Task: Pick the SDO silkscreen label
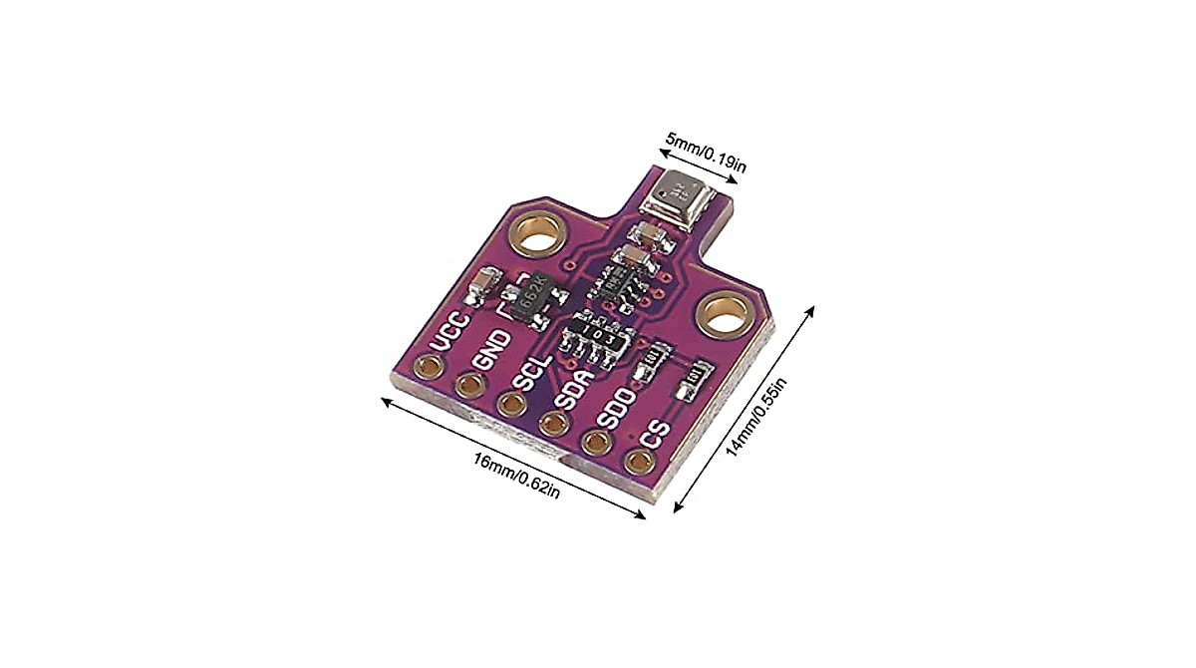(619, 408)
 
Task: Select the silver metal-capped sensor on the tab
(677, 194)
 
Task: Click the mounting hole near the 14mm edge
(725, 317)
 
